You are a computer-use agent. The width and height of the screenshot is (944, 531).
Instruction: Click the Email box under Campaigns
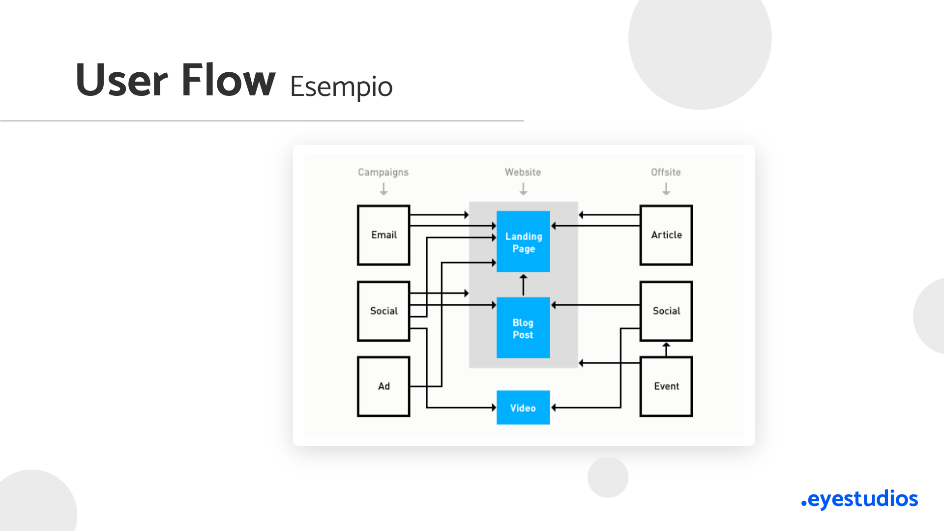[383, 235]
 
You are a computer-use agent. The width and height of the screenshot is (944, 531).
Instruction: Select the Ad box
[383, 386]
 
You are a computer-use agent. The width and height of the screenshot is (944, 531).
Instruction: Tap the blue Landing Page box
[523, 241]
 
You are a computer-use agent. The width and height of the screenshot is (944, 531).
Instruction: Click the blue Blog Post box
[523, 327]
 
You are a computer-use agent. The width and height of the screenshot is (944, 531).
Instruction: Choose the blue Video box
[523, 408]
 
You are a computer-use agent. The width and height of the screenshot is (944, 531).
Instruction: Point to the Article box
[666, 235]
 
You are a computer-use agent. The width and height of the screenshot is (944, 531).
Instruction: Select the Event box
[666, 386]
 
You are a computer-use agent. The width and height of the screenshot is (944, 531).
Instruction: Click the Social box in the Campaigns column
[383, 311]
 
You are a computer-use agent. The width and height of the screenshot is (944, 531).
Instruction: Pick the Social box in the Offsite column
[666, 311]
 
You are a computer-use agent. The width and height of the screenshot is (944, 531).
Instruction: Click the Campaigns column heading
[383, 173]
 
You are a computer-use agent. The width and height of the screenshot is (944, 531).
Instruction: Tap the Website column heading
[523, 172]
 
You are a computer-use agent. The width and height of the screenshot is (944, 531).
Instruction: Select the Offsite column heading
[666, 172]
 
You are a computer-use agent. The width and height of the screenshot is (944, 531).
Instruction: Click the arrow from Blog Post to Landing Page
[524, 285]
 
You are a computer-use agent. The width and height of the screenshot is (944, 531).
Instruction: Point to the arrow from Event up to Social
[666, 349]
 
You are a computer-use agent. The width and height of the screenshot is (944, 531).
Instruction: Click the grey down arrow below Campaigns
[384, 189]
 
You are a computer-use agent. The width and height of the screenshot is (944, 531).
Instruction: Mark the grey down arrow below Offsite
[666, 189]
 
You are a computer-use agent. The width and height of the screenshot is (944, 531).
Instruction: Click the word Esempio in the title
[341, 87]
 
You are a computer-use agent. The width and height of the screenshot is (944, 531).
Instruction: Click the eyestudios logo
[859, 499]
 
